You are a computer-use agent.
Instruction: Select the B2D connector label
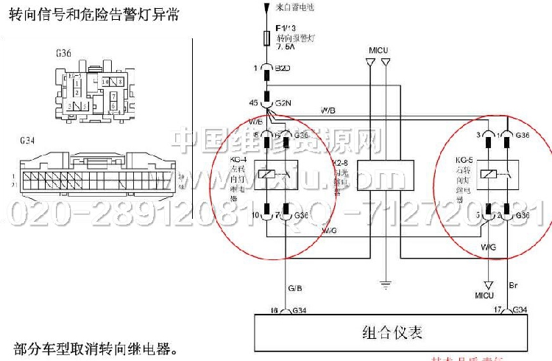pyautogui.click(x=283, y=69)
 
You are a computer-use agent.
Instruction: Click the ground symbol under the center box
pyautogui.click(x=383, y=282)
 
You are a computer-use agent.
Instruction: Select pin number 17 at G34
pyautogui.click(x=498, y=310)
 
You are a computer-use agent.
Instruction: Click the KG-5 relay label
pyautogui.click(x=464, y=158)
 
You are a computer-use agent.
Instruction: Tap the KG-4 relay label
pyautogui.click(x=238, y=158)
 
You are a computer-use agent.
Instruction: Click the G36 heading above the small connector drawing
pyautogui.click(x=63, y=53)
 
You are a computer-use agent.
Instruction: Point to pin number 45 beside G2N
pyautogui.click(x=255, y=102)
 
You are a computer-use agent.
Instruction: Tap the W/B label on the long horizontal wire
pyautogui.click(x=328, y=111)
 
